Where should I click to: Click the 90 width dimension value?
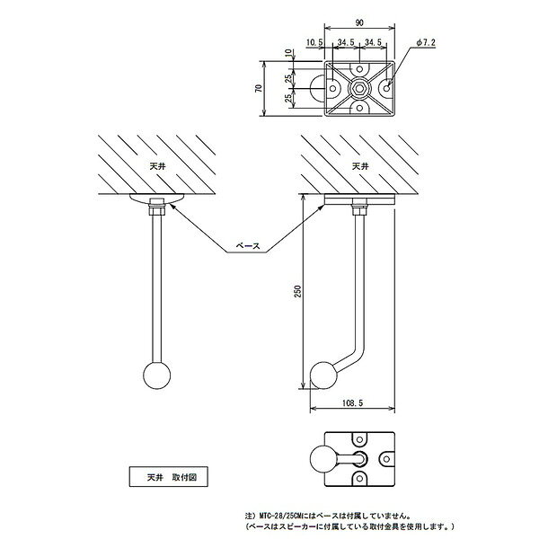coord(359,23)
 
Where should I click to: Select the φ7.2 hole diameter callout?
coord(426,42)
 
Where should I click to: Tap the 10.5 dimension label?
coord(314,42)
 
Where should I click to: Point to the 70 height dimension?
coord(259,88)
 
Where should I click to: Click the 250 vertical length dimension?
coord(298,291)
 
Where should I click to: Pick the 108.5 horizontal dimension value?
coord(352,402)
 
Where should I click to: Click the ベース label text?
coord(248,246)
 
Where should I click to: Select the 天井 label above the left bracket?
coord(158,167)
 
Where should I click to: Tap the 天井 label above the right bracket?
coord(360,167)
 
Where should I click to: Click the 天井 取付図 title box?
coord(169,476)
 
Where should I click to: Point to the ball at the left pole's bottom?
coord(156,376)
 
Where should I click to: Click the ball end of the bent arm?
coord(324,376)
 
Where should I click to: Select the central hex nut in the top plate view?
coord(359,88)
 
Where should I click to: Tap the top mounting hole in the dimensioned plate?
coord(359,69)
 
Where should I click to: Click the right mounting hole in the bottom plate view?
coord(386,459)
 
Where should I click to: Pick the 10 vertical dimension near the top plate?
coord(290,53)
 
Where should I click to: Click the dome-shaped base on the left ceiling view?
coord(156,199)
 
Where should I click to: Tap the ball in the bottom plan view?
coord(323,459)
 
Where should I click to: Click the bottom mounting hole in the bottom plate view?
coord(359,478)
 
